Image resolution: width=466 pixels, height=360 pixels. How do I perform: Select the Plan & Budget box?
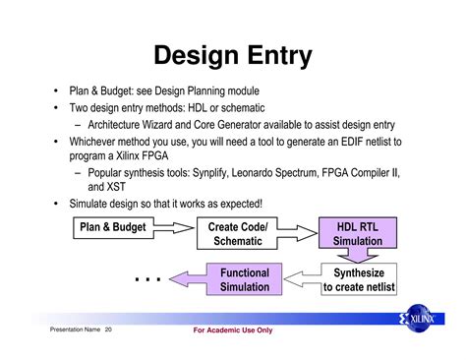click(x=112, y=227)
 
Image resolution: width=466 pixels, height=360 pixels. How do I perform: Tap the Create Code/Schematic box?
click(x=238, y=234)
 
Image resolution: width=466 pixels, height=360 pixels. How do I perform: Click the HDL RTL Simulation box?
click(x=358, y=234)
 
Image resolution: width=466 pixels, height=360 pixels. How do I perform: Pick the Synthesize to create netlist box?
click(x=358, y=279)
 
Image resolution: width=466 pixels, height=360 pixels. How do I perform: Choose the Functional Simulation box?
click(x=244, y=279)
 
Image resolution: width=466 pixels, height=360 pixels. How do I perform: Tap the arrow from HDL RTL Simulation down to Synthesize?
click(x=358, y=256)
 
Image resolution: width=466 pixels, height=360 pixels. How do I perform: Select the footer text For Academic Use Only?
click(x=233, y=330)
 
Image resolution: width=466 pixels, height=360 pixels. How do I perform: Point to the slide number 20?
click(x=108, y=330)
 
